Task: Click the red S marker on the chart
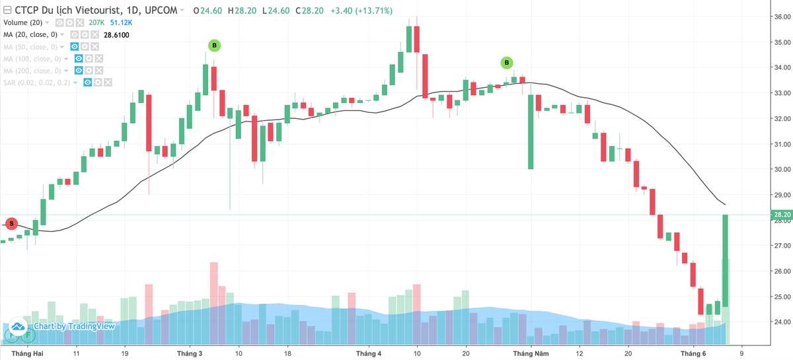point(11,223)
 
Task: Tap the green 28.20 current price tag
point(782,215)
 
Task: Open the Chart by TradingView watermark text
point(74,326)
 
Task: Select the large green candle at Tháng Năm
point(530,132)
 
